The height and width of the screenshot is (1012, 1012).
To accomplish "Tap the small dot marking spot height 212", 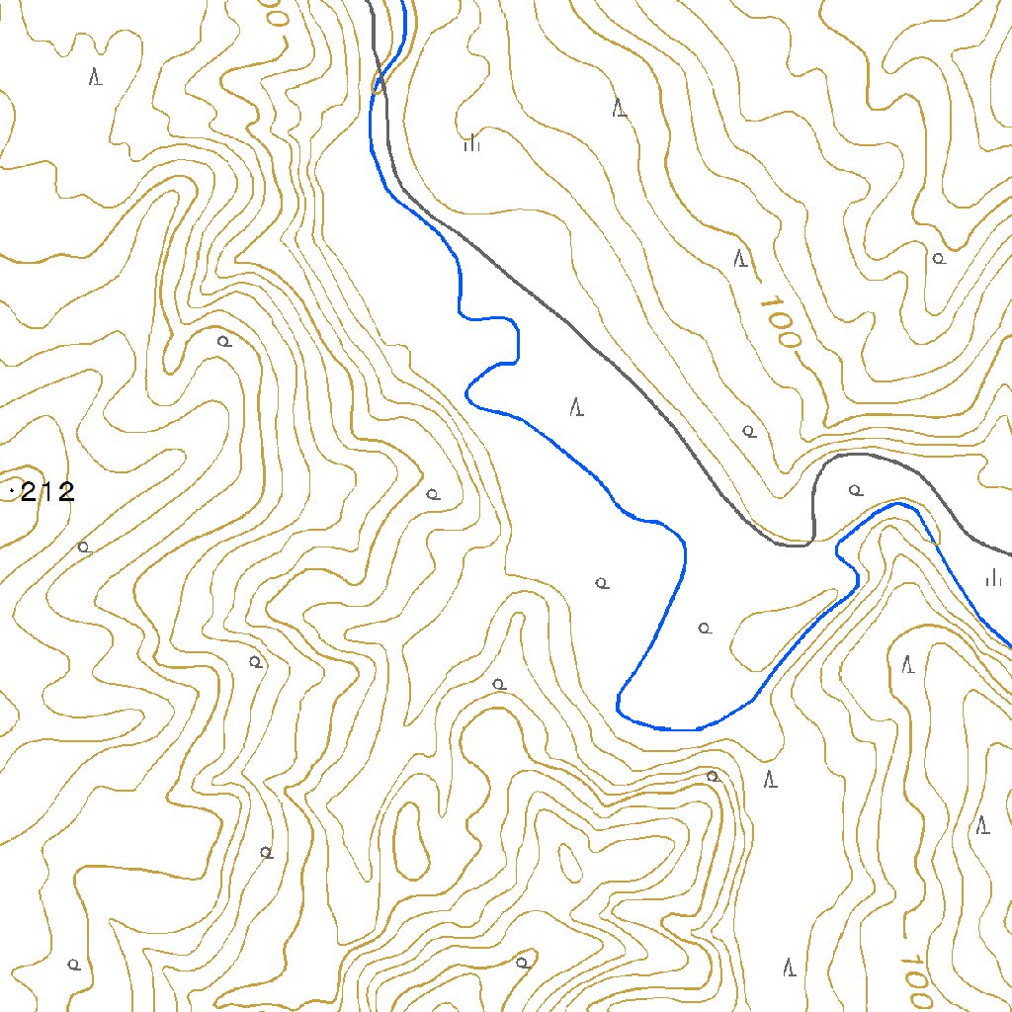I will [x=12, y=490].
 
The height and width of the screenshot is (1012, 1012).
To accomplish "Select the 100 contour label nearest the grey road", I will [x=779, y=320].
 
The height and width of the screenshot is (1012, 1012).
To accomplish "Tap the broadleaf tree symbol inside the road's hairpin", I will [x=856, y=490].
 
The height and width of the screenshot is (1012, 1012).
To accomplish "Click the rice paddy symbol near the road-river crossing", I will [x=471, y=143].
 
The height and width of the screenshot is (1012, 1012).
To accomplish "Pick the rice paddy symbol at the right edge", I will [x=991, y=578].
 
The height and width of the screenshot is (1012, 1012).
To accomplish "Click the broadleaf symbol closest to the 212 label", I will [x=84, y=546].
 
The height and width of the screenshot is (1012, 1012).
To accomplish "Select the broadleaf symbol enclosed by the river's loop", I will [x=704, y=628].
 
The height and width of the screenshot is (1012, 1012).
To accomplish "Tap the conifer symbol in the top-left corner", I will [x=95, y=77].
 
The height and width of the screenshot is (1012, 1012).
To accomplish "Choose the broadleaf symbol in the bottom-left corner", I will [x=72, y=964].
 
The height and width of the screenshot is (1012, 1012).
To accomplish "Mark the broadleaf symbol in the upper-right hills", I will [x=939, y=258].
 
